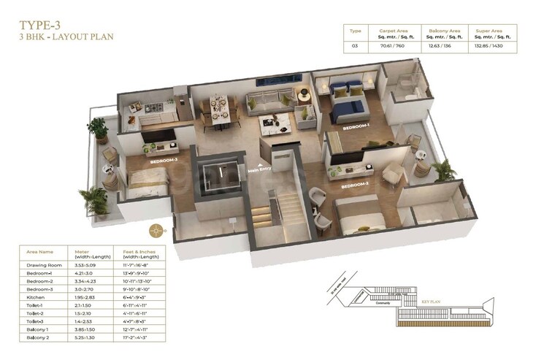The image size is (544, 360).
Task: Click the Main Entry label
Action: [260, 171]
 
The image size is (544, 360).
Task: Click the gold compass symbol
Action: [156, 231]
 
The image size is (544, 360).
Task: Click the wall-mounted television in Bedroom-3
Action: [156, 137]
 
